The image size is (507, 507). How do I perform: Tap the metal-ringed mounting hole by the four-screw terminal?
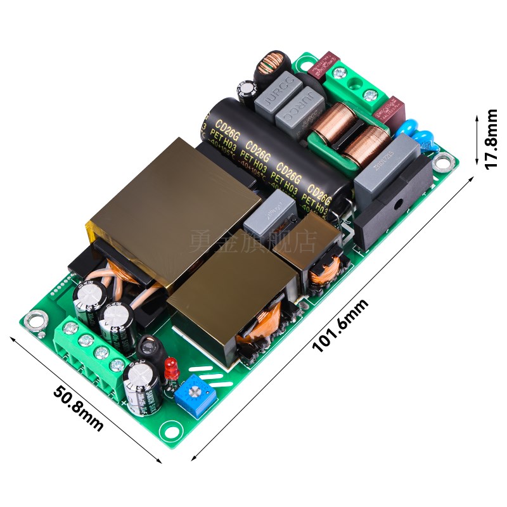click(35, 321)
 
